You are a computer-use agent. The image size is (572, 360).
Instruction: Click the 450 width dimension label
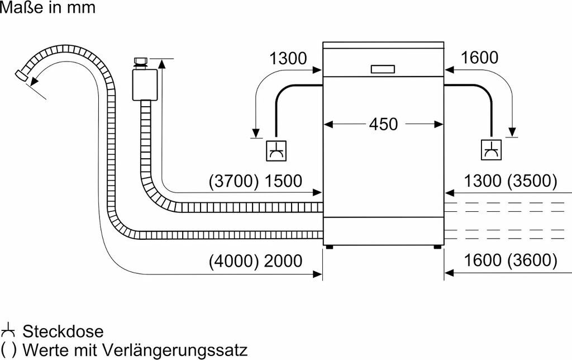pos(383,124)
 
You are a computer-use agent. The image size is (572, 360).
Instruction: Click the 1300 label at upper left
pos(288,58)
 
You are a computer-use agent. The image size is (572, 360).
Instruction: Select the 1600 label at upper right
pos(479,58)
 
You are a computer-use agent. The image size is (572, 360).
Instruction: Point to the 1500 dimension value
pos(282,181)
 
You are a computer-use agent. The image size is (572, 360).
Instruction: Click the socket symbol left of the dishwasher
pos(277,150)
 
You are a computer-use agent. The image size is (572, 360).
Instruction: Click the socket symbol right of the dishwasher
pos(492,150)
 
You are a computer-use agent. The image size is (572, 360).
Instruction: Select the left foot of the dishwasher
pos(331,247)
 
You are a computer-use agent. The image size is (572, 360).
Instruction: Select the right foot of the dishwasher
pos(436,247)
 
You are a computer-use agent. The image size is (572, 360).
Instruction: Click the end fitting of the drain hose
pos(22,76)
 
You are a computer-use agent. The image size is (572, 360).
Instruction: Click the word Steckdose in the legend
pos(63,331)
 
